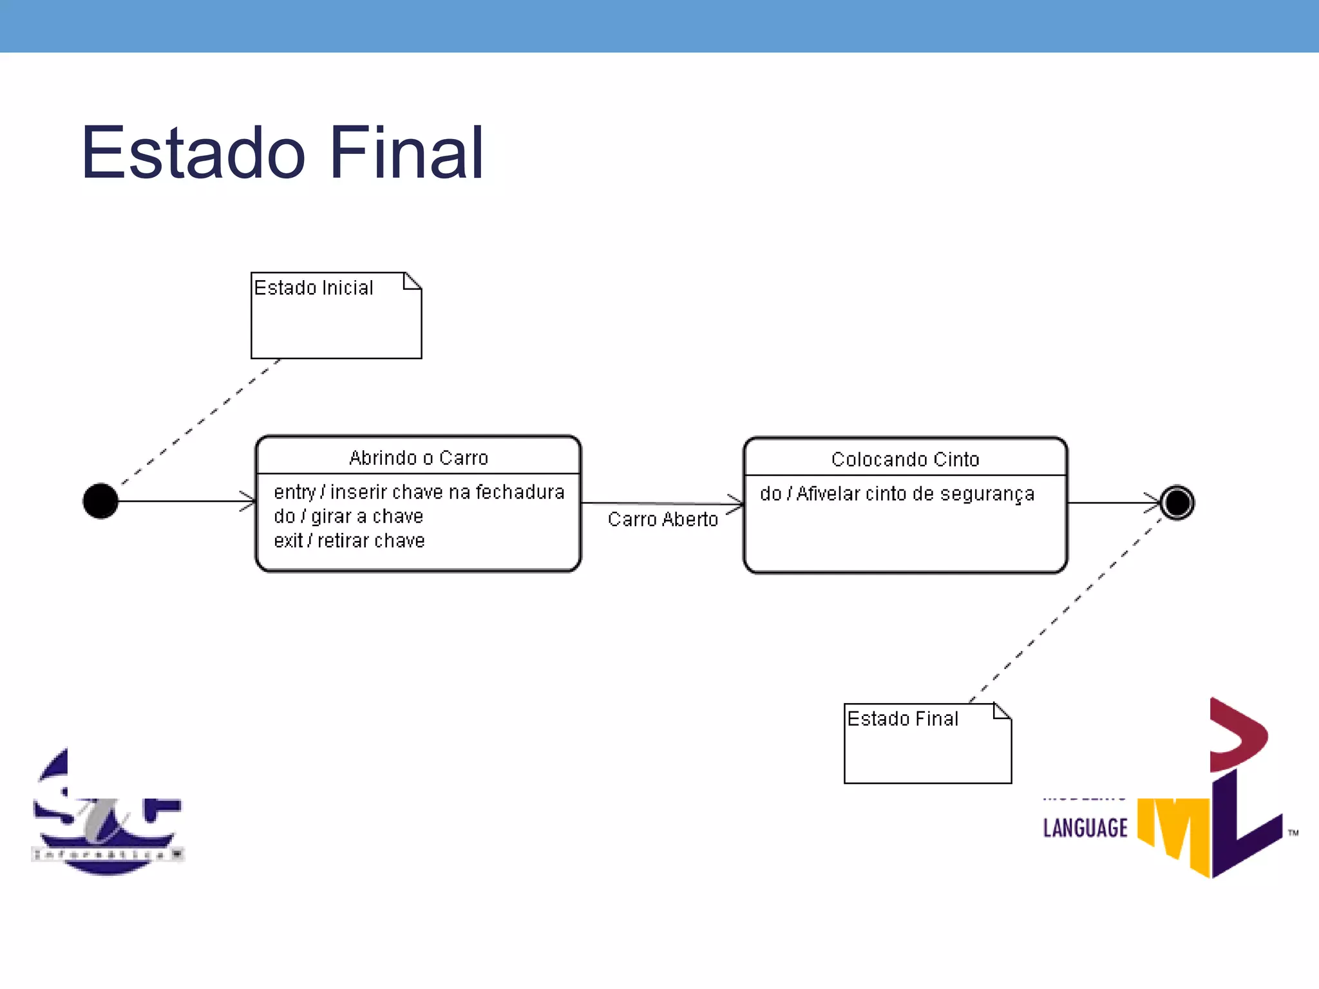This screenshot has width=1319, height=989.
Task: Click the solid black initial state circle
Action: [100, 501]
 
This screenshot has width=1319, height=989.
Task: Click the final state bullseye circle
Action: [1177, 503]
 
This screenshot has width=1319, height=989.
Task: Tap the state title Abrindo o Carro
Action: [419, 458]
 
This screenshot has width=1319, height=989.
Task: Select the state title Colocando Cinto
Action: [905, 459]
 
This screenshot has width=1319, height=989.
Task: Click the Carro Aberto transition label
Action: [663, 519]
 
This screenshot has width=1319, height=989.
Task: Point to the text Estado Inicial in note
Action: [314, 288]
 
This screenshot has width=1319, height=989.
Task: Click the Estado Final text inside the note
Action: [902, 719]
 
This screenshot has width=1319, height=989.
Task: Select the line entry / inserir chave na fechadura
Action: [419, 492]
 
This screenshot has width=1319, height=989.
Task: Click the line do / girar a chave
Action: [348, 516]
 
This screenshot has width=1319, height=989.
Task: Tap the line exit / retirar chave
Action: [349, 541]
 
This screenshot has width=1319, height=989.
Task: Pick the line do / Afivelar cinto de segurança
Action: [897, 494]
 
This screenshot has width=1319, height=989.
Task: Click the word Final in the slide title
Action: [406, 153]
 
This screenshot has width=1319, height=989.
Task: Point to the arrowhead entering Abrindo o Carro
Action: [249, 501]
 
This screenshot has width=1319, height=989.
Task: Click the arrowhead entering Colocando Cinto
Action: [736, 504]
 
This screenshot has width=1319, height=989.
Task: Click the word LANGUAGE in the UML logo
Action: [1085, 828]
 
